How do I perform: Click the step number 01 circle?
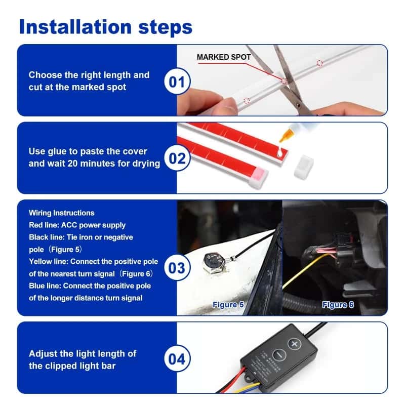click(x=176, y=82)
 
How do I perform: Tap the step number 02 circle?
click(x=177, y=158)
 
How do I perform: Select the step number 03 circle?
click(x=176, y=267)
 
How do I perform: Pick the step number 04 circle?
click(x=176, y=359)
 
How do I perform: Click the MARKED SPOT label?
click(x=223, y=57)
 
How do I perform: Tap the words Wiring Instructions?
click(x=61, y=213)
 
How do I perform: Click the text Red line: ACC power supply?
click(x=77, y=225)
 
